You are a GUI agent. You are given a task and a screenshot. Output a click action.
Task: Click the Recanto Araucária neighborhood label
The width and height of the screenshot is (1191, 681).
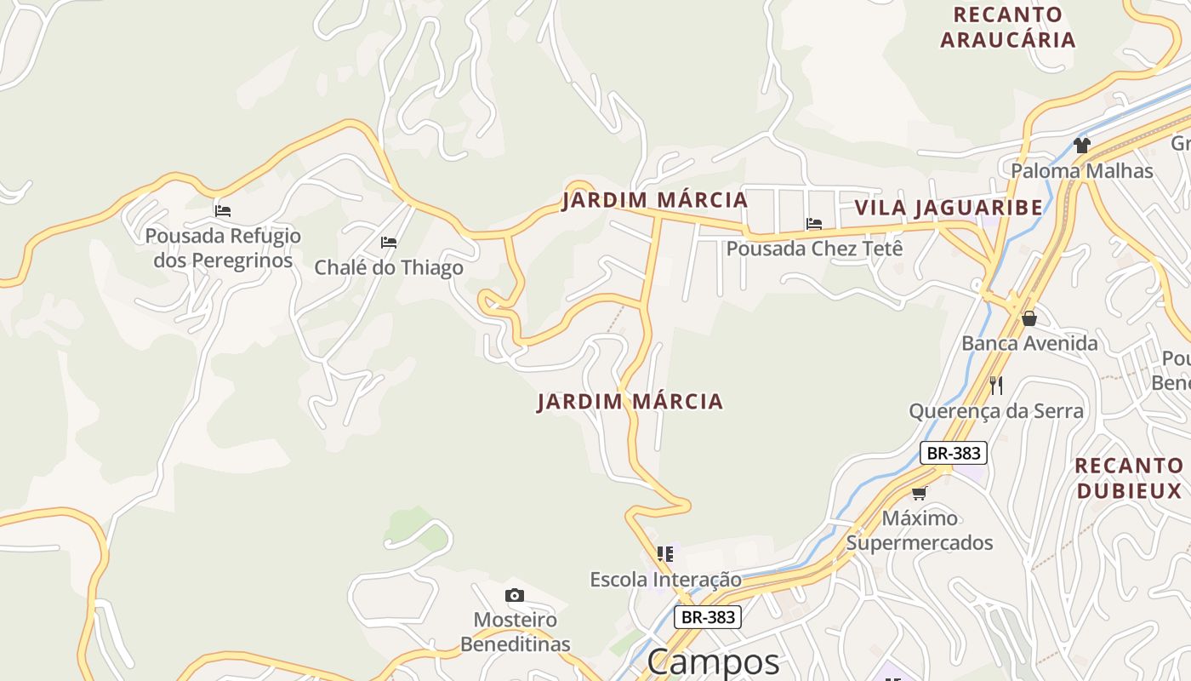click(x=1008, y=27)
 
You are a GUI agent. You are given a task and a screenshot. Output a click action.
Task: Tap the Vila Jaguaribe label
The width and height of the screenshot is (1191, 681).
click(x=949, y=208)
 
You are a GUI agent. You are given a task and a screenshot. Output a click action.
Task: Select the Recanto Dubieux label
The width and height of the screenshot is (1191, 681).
click(x=1129, y=478)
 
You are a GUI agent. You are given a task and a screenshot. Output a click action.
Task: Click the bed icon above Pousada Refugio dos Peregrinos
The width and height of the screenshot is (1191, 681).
click(x=223, y=210)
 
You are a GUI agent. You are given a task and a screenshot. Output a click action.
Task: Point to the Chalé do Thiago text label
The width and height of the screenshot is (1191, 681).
click(x=389, y=267)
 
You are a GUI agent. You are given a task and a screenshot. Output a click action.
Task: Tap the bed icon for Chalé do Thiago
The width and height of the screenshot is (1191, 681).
click(x=389, y=243)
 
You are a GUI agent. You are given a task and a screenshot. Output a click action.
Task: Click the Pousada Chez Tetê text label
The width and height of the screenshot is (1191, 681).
click(x=813, y=249)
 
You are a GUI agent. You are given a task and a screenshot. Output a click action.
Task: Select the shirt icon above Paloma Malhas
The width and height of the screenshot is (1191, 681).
click(x=1081, y=146)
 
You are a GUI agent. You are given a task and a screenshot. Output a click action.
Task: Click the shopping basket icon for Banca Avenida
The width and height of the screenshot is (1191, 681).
click(x=1029, y=318)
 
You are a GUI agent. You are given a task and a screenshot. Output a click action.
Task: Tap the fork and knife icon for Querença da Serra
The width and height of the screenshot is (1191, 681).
click(x=996, y=386)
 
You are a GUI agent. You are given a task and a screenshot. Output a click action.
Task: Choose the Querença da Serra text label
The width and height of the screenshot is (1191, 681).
click(x=996, y=411)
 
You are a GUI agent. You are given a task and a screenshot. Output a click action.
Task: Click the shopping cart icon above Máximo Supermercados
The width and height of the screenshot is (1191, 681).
click(x=919, y=493)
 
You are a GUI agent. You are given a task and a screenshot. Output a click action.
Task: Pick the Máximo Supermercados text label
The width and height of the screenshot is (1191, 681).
click(x=920, y=530)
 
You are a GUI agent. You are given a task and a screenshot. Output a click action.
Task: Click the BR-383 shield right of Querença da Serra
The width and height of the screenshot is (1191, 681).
click(x=953, y=453)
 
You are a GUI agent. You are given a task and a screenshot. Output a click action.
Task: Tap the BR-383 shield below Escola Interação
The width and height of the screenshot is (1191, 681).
click(x=708, y=617)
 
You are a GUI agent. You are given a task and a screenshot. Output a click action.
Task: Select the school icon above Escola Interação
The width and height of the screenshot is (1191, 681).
click(x=665, y=554)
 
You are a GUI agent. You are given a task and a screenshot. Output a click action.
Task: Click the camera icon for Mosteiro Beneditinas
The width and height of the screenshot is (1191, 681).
click(x=515, y=595)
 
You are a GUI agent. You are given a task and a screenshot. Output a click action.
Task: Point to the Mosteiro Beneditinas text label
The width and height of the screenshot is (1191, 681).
click(x=516, y=632)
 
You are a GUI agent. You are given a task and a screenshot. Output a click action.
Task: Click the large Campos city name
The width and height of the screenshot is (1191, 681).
click(x=713, y=662)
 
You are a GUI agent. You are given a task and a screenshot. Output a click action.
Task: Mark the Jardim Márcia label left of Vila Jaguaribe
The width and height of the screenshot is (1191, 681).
click(x=654, y=201)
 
